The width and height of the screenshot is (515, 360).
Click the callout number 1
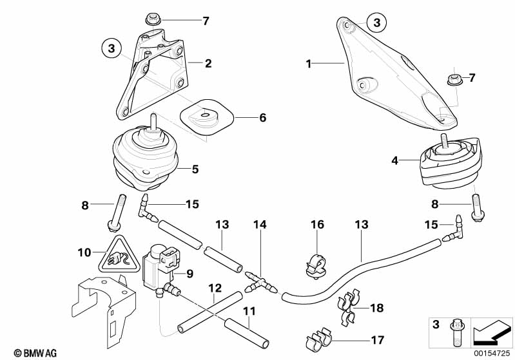(x=309, y=63)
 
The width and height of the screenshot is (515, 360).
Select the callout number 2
(x=208, y=63)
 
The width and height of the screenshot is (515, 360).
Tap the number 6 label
(x=262, y=118)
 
